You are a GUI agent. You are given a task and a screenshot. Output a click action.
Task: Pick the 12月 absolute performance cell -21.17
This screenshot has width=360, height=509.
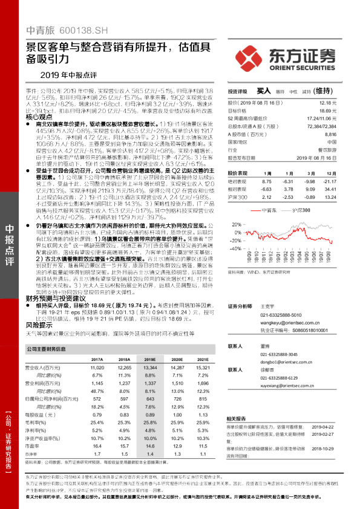point(345,181)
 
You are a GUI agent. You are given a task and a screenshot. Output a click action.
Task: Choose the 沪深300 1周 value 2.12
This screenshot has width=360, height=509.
point(267,198)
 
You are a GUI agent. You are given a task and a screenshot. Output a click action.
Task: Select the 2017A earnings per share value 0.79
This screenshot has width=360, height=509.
point(97,414)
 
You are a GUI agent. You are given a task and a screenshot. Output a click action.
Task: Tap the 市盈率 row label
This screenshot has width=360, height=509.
point(33,453)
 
